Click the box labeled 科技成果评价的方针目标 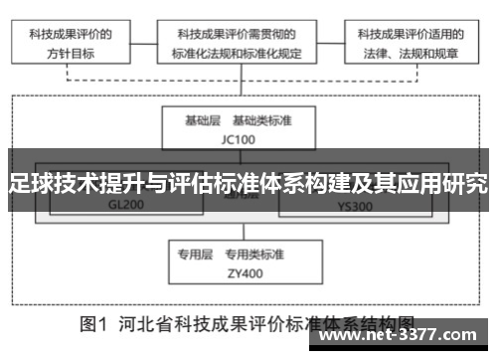click(70, 43)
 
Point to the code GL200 click(126, 207)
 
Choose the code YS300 click(355, 207)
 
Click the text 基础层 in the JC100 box click(204, 120)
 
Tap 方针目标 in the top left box click(70, 53)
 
